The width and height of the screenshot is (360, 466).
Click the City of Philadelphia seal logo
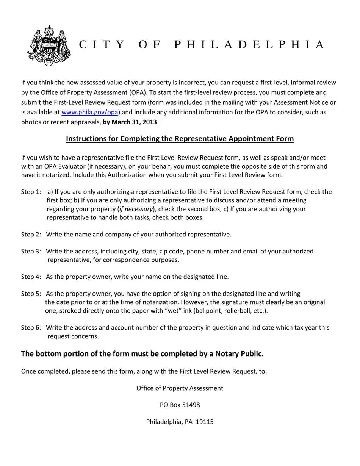[49, 45]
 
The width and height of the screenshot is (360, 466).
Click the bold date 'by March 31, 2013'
[130, 122]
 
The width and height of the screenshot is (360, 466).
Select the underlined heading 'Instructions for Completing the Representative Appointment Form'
[180, 139]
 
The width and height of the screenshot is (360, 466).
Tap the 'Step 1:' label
[31, 192]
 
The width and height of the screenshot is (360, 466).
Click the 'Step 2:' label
[31, 235]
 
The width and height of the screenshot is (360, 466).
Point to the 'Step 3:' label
[31, 251]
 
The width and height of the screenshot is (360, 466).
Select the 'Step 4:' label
[31, 277]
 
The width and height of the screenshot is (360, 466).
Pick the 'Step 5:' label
[31, 294]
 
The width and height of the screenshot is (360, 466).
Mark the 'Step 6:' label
[31, 328]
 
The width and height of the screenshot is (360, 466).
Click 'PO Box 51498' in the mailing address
[180, 405]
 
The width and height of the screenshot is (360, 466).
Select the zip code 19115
[205, 422]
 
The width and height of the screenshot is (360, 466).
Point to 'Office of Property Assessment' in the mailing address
[180, 388]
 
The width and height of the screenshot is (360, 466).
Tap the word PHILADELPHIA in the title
[249, 45]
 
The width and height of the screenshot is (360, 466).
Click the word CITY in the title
[102, 45]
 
